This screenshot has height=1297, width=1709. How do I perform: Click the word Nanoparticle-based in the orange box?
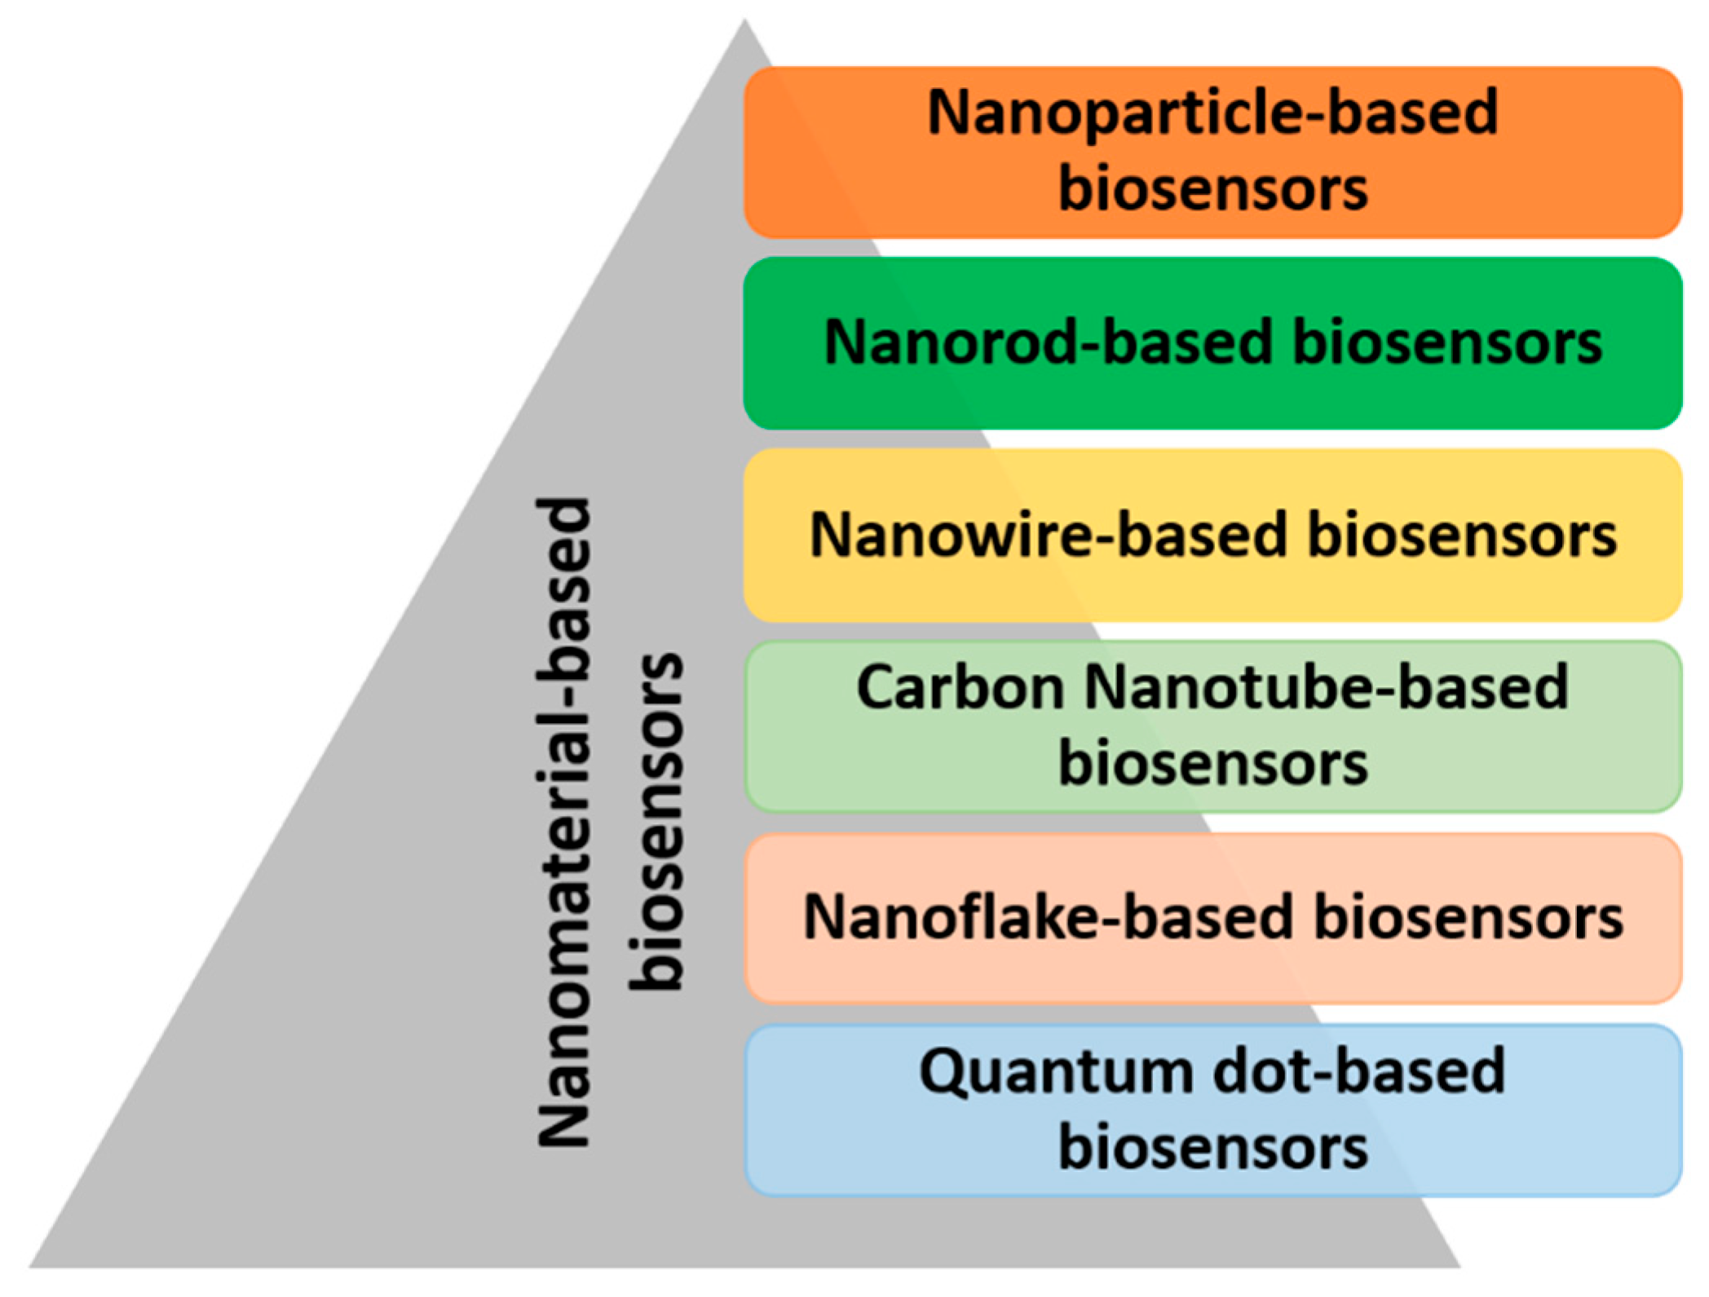(x=1212, y=112)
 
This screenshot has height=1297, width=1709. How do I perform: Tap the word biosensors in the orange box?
(x=1212, y=189)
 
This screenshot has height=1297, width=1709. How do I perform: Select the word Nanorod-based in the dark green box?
(x=1048, y=342)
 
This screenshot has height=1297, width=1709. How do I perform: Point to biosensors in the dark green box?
(x=1447, y=342)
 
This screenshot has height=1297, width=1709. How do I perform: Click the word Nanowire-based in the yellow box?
(x=1048, y=536)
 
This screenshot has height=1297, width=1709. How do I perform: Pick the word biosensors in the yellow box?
(x=1462, y=536)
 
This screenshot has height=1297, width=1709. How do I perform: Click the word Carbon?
(x=960, y=687)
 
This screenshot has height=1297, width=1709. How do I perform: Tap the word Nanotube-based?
(x=1326, y=687)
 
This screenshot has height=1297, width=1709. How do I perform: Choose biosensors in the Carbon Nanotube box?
(x=1212, y=764)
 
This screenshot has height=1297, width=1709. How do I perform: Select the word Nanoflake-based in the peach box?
(x=1048, y=918)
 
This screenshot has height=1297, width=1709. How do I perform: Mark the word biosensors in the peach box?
(x=1468, y=918)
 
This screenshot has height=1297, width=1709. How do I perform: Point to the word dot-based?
(x=1358, y=1070)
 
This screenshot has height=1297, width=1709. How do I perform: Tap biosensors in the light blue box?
(x=1212, y=1147)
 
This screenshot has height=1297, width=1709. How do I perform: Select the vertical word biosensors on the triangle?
(x=656, y=822)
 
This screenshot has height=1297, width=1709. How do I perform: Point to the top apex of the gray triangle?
(x=744, y=21)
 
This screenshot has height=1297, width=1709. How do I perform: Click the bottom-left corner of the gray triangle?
(x=31, y=1266)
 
